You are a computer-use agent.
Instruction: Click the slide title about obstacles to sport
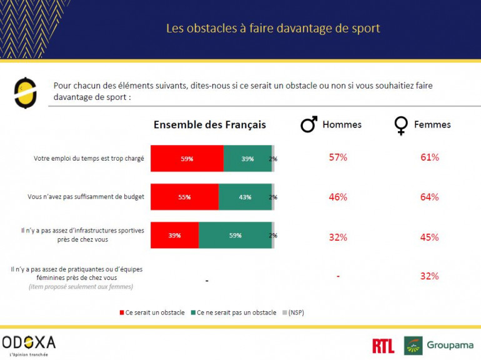272,28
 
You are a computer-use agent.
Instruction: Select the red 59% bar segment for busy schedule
187,159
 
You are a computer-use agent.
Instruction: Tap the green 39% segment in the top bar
247,159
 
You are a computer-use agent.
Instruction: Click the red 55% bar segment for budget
184,197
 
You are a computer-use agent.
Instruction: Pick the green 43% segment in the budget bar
245,197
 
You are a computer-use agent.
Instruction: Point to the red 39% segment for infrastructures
174,235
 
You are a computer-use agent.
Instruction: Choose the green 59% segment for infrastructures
235,235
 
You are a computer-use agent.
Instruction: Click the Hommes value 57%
338,157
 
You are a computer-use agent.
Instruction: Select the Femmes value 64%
430,197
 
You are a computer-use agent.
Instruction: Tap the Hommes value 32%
338,237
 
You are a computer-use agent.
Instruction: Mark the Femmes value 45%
430,237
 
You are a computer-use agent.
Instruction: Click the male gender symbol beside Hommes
309,125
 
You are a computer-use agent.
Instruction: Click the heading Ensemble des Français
210,124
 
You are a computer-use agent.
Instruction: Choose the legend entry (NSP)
295,312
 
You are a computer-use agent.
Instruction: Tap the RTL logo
383,346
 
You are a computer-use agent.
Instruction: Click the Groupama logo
439,346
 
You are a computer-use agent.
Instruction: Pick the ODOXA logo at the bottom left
29,344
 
